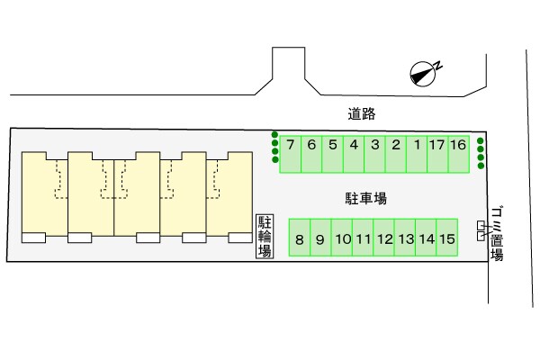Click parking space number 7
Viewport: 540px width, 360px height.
(290, 153)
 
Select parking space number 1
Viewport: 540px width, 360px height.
(417, 153)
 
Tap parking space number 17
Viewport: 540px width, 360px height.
(437, 153)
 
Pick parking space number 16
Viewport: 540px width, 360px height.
(458, 153)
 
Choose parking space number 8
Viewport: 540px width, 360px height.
(300, 239)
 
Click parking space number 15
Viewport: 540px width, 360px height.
(448, 239)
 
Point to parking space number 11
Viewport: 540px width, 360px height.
(363, 239)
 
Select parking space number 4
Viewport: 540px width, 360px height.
(354, 153)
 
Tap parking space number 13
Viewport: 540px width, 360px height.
(405, 239)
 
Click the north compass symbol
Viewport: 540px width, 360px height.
(422, 74)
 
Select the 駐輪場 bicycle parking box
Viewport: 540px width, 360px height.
(265, 236)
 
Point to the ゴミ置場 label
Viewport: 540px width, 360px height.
(497, 233)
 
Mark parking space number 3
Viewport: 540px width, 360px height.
(374, 153)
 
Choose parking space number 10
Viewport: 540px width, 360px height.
(342, 239)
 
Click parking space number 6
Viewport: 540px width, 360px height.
(311, 153)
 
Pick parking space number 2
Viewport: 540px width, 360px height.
(395, 153)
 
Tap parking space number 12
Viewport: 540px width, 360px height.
(384, 239)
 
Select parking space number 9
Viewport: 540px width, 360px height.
(320, 239)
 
